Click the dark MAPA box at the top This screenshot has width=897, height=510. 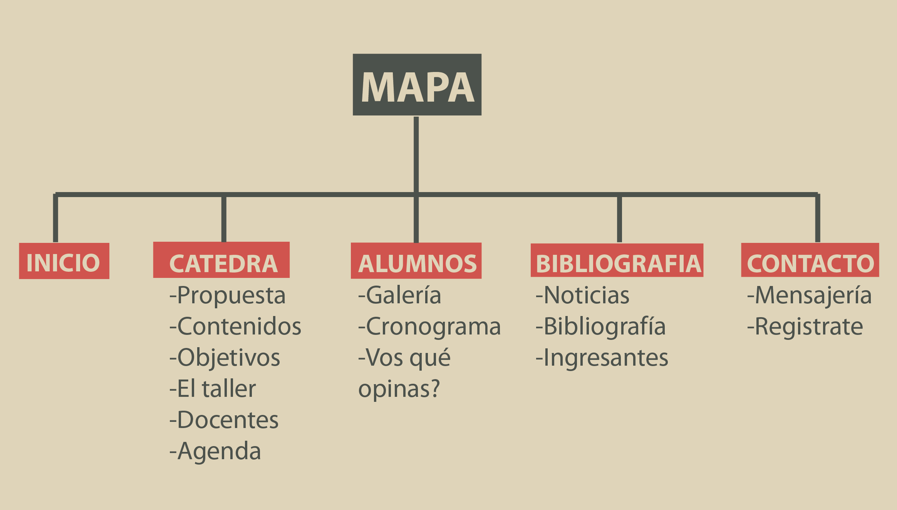coord(417,85)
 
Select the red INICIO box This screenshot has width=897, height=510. coord(64,261)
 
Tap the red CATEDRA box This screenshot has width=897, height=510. coord(221,260)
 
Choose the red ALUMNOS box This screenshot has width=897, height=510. coord(416,261)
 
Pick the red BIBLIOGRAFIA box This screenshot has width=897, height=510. coord(617,260)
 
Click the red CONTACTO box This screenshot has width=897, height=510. coord(810,260)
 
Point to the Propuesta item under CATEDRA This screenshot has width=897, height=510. coord(228,296)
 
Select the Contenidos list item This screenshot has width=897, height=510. coord(235,326)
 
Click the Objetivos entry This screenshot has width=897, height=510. coord(225,358)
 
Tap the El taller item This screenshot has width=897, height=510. coord(213,388)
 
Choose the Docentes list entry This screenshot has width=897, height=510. coord(224,420)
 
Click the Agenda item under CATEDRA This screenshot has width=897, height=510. coord(215,451)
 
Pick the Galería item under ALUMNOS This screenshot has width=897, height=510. coord(400,295)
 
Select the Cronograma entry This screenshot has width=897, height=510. coord(429,327)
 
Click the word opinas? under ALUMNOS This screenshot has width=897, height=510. coord(399,390)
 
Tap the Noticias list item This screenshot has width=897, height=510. coord(582,295)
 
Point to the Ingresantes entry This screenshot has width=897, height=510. coord(602,358)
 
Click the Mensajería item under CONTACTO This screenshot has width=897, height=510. coord(809,296)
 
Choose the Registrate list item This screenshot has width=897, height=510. coord(805,327)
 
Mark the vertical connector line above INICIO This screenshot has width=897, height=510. coord(55,218)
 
